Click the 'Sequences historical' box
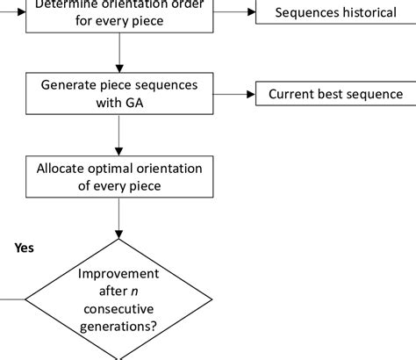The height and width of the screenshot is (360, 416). point(334,13)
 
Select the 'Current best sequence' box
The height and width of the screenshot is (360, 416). point(334,94)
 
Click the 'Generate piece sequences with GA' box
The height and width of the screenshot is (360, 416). point(118,94)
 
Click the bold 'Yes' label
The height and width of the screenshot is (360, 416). point(24,248)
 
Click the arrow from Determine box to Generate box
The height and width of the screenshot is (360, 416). point(118,53)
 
